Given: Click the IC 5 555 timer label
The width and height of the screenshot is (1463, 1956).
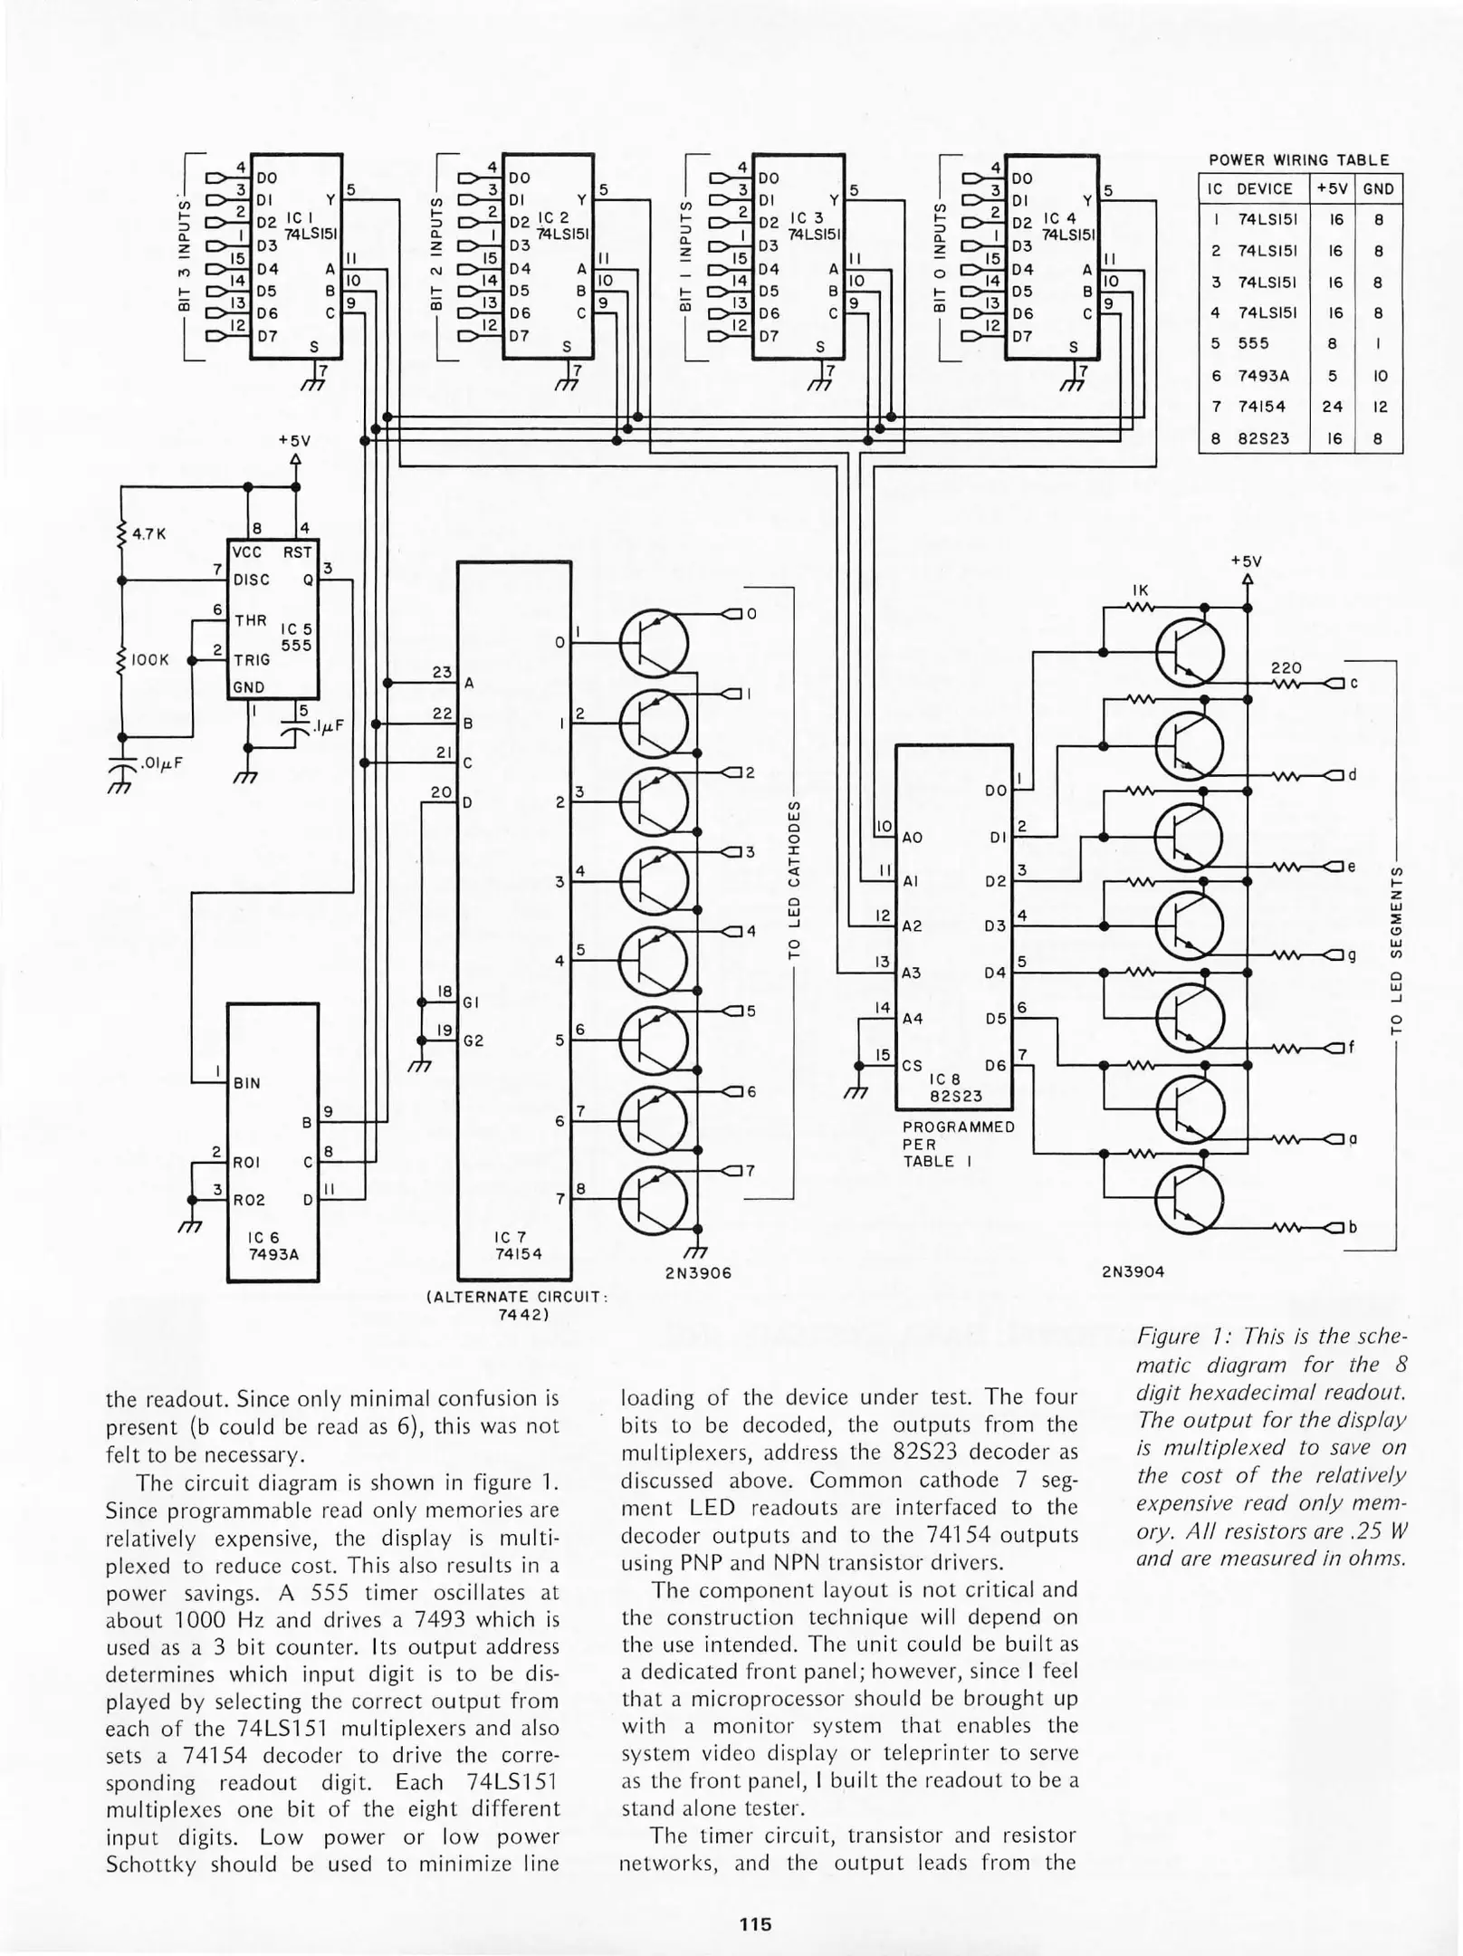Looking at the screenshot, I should [295, 637].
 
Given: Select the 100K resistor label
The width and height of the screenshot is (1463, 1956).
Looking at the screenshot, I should [150, 660].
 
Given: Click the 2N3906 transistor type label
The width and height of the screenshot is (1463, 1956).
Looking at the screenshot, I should [697, 1272].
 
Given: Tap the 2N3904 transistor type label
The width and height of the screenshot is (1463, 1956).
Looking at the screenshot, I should [1133, 1271].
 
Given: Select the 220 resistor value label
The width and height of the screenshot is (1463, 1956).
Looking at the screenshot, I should [1286, 668].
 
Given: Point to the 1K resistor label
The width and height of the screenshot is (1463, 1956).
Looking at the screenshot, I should [1141, 590].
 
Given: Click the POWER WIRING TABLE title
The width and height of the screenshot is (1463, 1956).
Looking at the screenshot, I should [1299, 160].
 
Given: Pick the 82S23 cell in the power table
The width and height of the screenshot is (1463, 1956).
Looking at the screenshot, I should [1262, 438].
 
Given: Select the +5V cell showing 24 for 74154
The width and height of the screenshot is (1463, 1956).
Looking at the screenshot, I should [1332, 407].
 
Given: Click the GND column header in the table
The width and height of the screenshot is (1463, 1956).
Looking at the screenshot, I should [1378, 189].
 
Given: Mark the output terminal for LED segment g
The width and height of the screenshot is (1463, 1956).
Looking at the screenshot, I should [1333, 955].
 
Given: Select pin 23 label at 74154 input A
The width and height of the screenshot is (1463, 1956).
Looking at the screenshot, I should [442, 673].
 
